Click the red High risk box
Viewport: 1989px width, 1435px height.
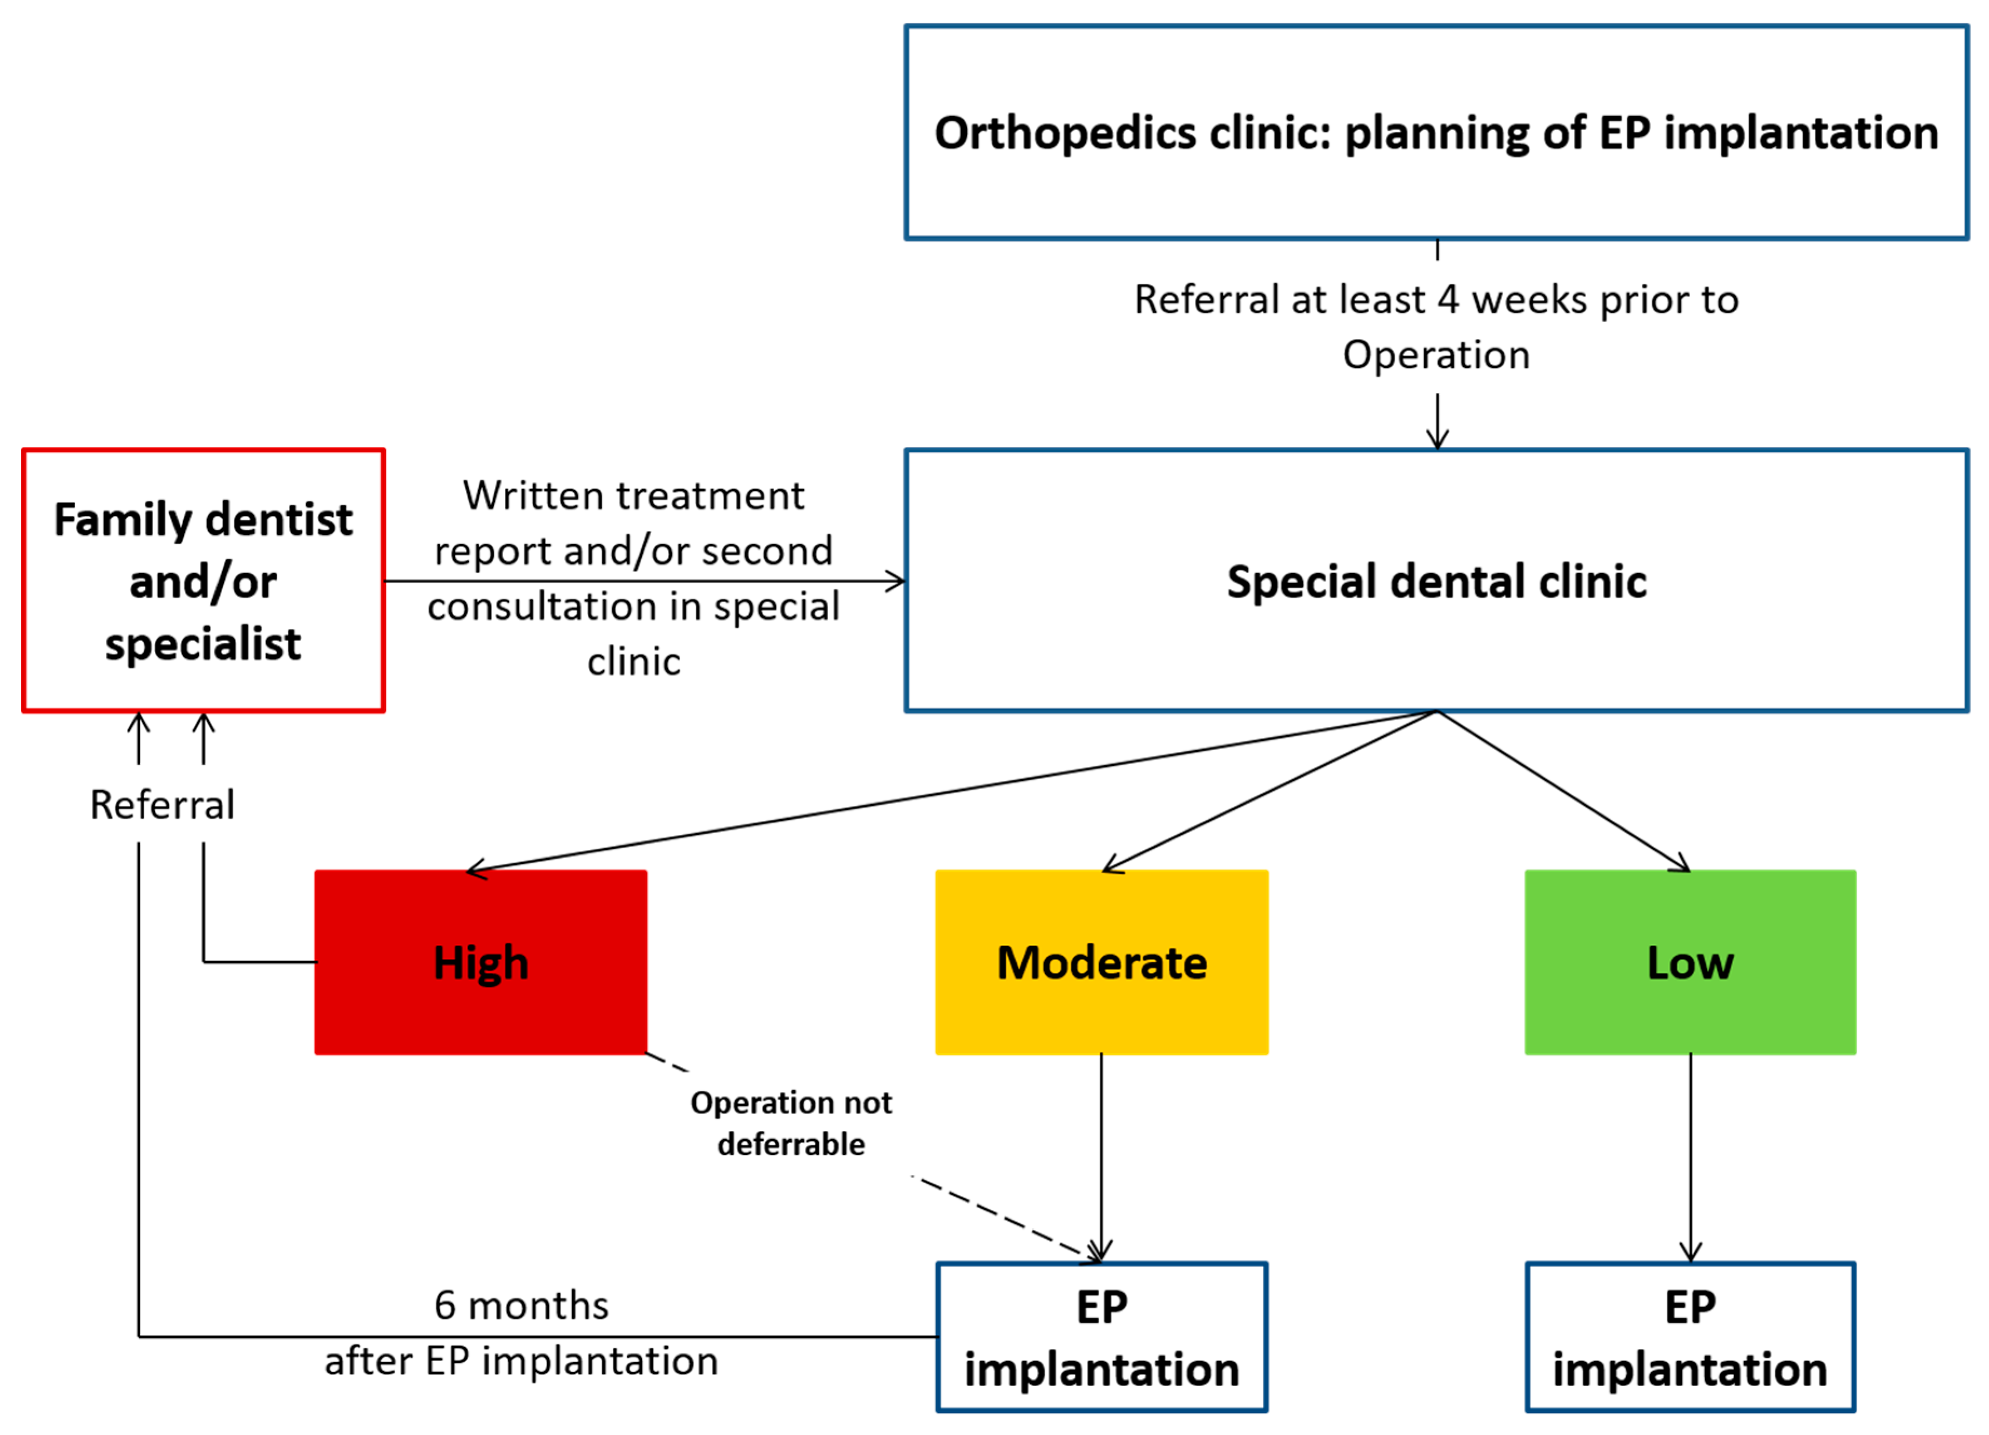(x=481, y=962)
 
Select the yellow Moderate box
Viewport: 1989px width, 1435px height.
(x=1101, y=962)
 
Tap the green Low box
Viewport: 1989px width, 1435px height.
(x=1690, y=962)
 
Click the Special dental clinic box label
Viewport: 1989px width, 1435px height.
(x=1437, y=581)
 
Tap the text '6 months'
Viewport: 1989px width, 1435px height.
(x=521, y=1305)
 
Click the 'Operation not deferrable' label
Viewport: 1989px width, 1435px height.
(x=790, y=1123)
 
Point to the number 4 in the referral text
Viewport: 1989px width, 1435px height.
(x=1448, y=300)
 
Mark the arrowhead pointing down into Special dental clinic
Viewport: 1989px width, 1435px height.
(x=1437, y=442)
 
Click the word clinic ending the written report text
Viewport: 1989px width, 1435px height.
(x=633, y=662)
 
